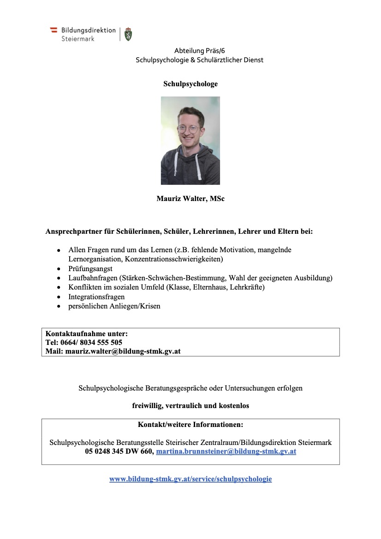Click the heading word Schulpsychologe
point(190,84)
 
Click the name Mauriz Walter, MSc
point(190,199)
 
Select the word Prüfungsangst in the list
point(90,268)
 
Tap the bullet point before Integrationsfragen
point(59,297)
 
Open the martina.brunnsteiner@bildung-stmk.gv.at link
point(226,451)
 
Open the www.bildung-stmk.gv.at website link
point(190,479)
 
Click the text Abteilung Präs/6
point(199,51)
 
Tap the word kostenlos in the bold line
point(233,406)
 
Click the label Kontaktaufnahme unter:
point(86,333)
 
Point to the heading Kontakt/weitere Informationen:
point(190,424)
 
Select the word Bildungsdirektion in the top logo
point(89,30)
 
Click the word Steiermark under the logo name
point(78,39)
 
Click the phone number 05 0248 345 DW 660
point(119,451)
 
